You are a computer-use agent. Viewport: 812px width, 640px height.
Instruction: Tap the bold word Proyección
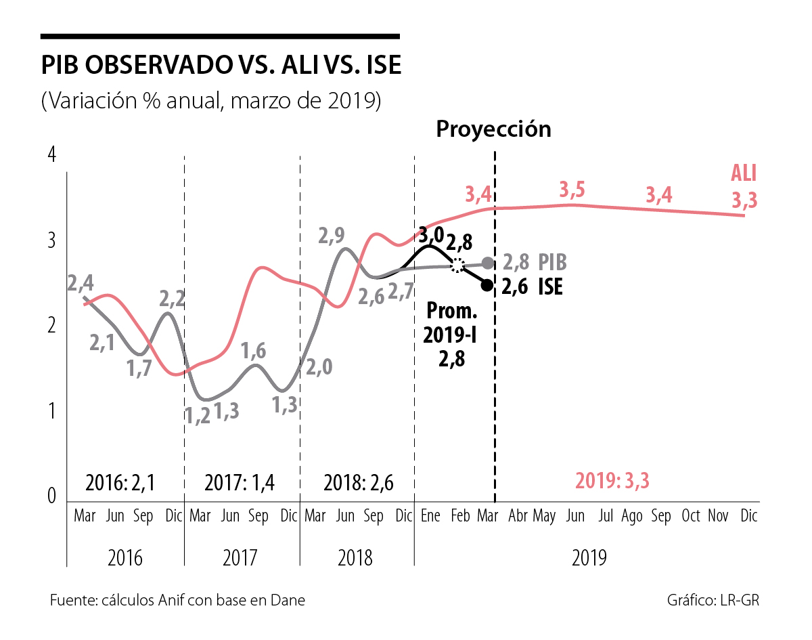[493, 129]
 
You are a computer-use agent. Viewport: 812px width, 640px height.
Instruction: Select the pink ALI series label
[743, 173]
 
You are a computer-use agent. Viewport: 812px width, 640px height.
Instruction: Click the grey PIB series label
[552, 263]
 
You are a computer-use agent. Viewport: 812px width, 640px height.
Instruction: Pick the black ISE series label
[550, 286]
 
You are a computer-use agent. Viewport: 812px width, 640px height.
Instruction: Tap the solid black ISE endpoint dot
[487, 285]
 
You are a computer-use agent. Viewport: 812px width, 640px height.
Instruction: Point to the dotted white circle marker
[458, 265]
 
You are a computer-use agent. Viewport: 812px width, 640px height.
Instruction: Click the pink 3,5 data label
[572, 190]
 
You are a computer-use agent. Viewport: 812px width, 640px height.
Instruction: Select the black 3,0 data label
[431, 236]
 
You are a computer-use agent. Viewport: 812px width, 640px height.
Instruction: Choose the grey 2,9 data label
[332, 236]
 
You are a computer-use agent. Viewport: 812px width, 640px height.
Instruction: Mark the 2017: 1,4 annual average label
[240, 483]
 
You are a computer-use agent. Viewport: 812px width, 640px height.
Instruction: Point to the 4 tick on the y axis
[51, 154]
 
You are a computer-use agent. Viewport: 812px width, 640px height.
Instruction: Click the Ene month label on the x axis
[430, 516]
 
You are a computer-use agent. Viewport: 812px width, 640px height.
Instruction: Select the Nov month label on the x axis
[718, 516]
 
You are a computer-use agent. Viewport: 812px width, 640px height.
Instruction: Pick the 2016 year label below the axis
[125, 559]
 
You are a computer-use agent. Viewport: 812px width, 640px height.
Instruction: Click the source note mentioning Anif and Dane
[177, 601]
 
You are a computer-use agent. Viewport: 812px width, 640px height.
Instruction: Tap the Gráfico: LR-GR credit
[717, 601]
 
